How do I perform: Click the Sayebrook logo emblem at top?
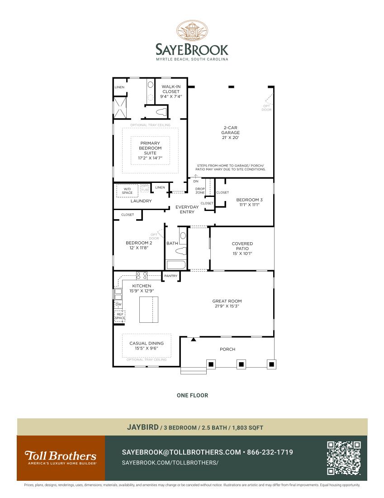coord(192,31)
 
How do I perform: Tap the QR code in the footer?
coord(344,458)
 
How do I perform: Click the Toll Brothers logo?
coord(60,456)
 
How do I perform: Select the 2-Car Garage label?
coord(231,132)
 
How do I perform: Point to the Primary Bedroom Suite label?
coord(150,148)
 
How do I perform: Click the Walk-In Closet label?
coord(171,91)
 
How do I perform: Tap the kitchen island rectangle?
coord(149,310)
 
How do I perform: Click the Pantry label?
coord(171,276)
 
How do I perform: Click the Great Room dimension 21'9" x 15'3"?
coord(227,306)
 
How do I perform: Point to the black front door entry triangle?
coord(193,339)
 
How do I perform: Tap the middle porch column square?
coord(241,364)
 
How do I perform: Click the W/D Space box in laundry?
coord(128,191)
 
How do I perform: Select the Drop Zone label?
coord(200,191)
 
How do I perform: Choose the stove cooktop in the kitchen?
coord(142,275)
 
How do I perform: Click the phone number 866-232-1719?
coord(270,452)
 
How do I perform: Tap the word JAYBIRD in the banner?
coord(142,427)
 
